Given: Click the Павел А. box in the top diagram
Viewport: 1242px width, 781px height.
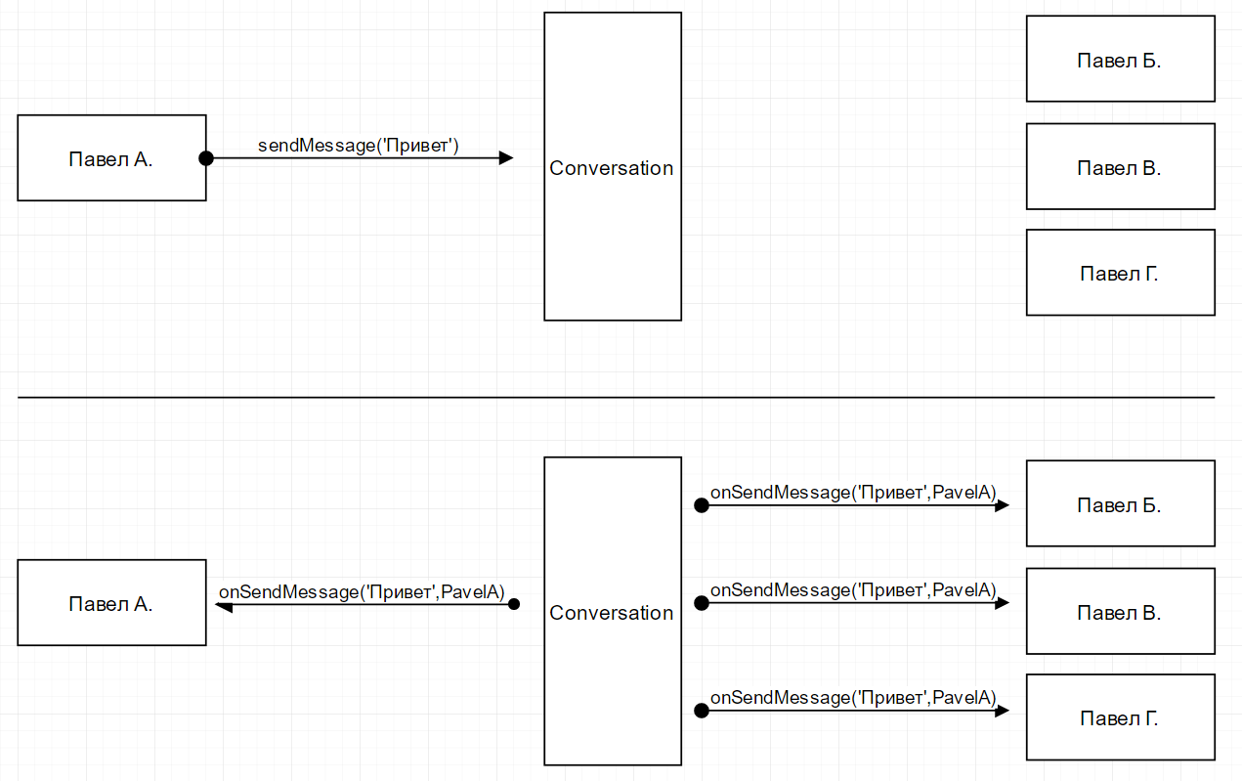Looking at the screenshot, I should click(x=111, y=158).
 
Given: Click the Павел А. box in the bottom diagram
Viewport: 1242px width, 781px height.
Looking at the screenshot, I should click(x=111, y=603).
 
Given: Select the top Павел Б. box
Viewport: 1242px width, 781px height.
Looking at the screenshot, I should click(x=1120, y=60).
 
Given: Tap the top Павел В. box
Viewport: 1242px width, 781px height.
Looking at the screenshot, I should click(x=1120, y=167).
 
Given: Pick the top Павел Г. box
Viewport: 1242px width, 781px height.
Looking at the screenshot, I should click(x=1120, y=273).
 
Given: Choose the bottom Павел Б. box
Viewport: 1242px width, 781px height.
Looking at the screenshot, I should click(x=1120, y=504).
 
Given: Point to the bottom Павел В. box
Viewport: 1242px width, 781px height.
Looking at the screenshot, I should click(x=1120, y=612).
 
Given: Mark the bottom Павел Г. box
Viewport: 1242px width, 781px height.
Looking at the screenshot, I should click(x=1120, y=717).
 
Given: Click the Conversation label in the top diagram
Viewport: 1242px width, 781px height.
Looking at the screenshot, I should click(x=612, y=168).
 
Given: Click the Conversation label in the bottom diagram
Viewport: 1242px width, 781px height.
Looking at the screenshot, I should click(x=612, y=613).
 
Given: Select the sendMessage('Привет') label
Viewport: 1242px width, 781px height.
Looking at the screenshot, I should click(x=359, y=146).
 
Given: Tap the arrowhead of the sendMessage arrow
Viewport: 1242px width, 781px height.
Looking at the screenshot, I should click(x=505, y=158).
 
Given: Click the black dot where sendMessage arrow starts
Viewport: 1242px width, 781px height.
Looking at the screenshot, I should click(x=206, y=158).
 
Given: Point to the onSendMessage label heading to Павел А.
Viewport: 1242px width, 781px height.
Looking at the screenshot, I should click(x=362, y=591).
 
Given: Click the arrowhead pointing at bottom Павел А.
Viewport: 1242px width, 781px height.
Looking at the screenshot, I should click(x=223, y=607).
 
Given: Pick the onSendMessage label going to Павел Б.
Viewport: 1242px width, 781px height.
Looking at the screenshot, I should click(x=853, y=493).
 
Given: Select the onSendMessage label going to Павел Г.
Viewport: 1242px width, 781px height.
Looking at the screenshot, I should click(x=853, y=698).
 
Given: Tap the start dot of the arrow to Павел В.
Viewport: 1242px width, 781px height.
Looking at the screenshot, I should click(x=701, y=604).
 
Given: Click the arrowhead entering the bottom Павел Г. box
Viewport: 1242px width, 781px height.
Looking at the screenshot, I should click(x=1002, y=712).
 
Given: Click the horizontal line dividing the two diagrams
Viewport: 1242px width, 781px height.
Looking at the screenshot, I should click(x=616, y=398).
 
